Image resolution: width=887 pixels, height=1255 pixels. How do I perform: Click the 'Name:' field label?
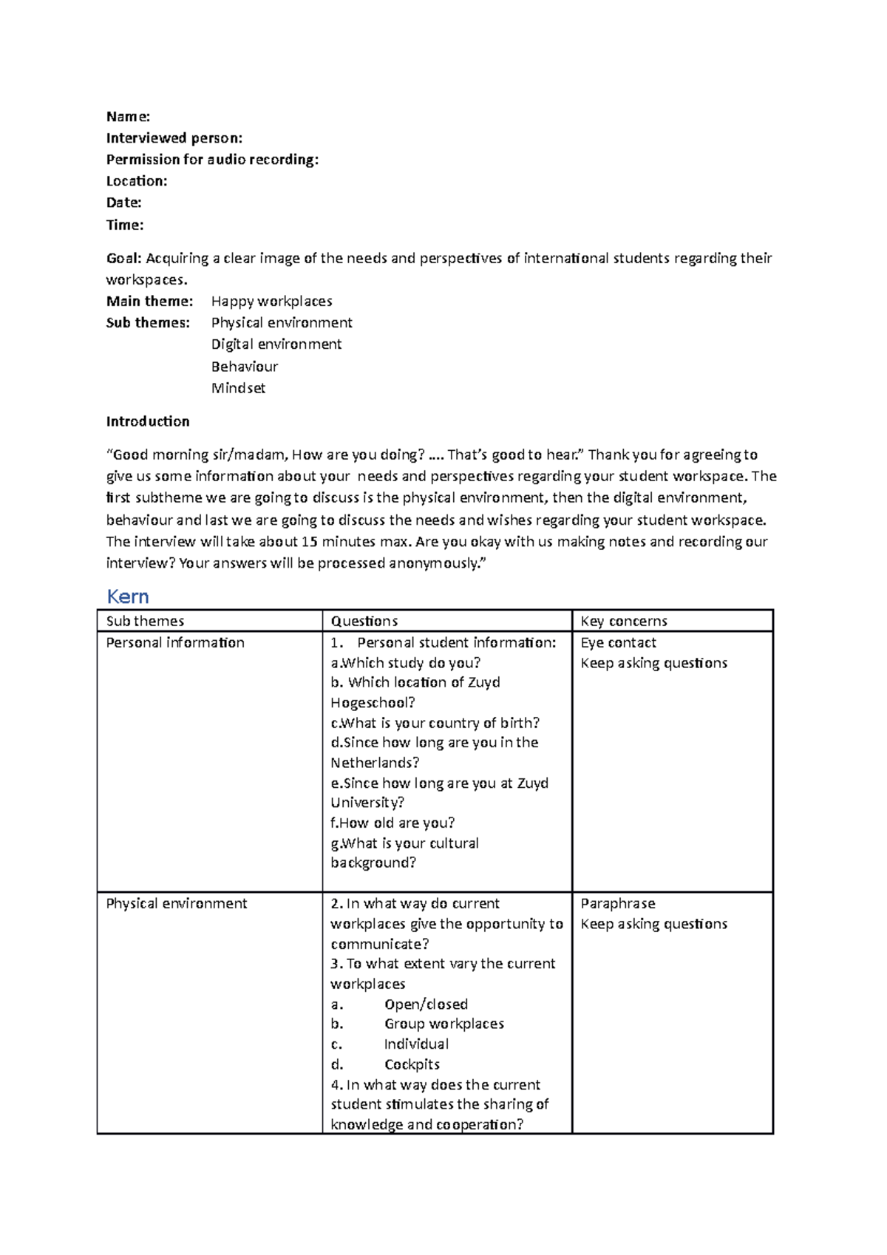click(x=128, y=117)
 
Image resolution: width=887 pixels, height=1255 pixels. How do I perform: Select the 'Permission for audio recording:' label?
click(x=212, y=160)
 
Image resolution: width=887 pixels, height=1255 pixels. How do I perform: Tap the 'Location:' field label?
click(x=137, y=181)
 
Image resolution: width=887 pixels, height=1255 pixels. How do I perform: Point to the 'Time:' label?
click(x=125, y=225)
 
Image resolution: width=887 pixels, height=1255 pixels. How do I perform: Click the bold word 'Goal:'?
click(x=123, y=259)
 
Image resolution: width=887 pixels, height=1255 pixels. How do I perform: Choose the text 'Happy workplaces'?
click(x=271, y=302)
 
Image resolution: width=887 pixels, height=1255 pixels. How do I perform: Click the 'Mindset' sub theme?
click(x=238, y=388)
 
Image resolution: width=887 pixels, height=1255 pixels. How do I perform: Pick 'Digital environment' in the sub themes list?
click(x=276, y=344)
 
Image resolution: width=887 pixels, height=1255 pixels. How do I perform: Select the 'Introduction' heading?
click(x=148, y=421)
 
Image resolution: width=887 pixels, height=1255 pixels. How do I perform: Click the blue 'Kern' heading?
click(x=128, y=596)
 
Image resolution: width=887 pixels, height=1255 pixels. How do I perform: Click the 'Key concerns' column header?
click(x=624, y=622)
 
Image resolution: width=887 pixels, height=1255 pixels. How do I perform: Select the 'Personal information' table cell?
click(x=175, y=643)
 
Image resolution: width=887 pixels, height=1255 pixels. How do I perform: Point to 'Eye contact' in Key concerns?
click(x=618, y=643)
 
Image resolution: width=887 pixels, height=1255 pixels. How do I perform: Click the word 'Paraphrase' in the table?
click(x=618, y=904)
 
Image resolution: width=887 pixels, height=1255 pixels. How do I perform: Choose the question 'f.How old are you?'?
click(x=392, y=823)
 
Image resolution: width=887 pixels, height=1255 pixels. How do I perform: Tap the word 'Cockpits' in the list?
click(x=412, y=1065)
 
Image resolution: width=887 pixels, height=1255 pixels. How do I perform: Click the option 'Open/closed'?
click(x=426, y=1004)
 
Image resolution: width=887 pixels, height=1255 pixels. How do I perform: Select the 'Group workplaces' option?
click(x=444, y=1024)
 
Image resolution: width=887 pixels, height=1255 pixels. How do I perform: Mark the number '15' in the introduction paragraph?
click(x=310, y=542)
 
